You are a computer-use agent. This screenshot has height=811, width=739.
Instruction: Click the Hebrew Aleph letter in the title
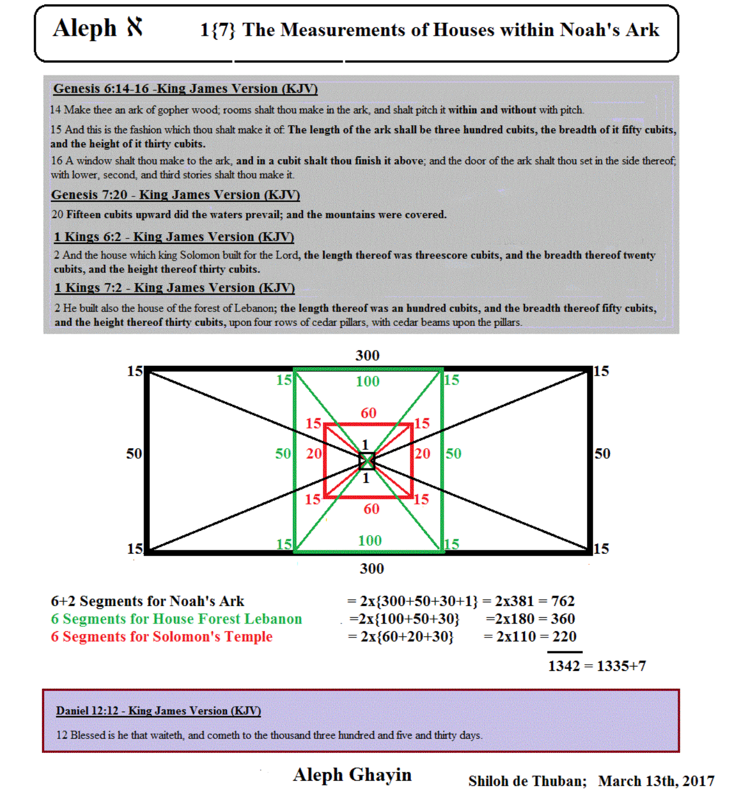coord(135,27)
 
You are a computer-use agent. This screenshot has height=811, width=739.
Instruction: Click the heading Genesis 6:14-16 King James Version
coord(185,89)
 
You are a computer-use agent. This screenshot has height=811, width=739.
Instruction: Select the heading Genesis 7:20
coord(175,195)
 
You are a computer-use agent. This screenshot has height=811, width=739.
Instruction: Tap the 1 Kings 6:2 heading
coord(174,237)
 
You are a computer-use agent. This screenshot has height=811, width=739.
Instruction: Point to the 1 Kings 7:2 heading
coord(174,288)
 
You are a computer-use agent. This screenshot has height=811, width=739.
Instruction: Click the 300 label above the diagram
coord(367,356)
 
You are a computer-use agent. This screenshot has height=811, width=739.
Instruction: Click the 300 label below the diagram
coord(371,569)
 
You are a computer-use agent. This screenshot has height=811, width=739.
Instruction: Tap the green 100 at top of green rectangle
coord(367,382)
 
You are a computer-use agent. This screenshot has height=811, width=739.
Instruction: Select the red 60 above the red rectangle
coord(368,413)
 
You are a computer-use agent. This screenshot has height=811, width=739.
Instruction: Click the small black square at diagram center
coord(367,461)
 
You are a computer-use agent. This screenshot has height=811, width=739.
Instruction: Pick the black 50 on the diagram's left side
coord(134,454)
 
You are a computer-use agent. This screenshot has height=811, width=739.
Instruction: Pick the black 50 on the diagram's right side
coord(602,454)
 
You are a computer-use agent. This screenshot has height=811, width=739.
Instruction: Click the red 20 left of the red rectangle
coord(314,454)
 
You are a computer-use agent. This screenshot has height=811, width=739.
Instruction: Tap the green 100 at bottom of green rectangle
coord(369,541)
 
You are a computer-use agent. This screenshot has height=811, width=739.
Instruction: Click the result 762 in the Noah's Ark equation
coord(563,601)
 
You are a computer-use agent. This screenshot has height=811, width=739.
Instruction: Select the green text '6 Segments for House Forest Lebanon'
coord(176,619)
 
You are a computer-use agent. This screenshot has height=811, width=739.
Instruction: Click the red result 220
coord(564,637)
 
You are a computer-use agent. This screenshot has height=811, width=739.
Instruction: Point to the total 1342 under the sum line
coord(564,666)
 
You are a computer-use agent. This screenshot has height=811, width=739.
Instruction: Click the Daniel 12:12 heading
coord(158,711)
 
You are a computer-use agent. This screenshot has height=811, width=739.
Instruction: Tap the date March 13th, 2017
coord(656,781)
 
